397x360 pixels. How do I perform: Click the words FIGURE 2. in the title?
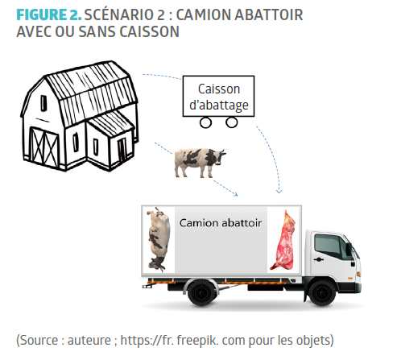(48, 14)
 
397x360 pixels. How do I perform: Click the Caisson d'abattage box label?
(218, 96)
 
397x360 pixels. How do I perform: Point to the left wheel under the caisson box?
(205, 123)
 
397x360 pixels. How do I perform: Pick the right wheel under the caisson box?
(232, 122)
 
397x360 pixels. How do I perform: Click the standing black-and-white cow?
(200, 163)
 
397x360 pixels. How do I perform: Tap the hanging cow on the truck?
(158, 239)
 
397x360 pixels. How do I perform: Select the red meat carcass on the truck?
(283, 240)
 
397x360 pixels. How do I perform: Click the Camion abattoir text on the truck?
(221, 223)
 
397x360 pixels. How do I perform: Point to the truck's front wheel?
(322, 293)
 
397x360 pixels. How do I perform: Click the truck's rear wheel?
(201, 293)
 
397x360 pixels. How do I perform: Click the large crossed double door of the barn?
(44, 147)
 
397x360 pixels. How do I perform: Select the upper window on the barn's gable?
(43, 103)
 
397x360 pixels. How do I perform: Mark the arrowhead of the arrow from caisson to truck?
(279, 192)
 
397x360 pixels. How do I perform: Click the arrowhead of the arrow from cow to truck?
(236, 194)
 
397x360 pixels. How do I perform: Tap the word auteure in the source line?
(89, 341)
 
